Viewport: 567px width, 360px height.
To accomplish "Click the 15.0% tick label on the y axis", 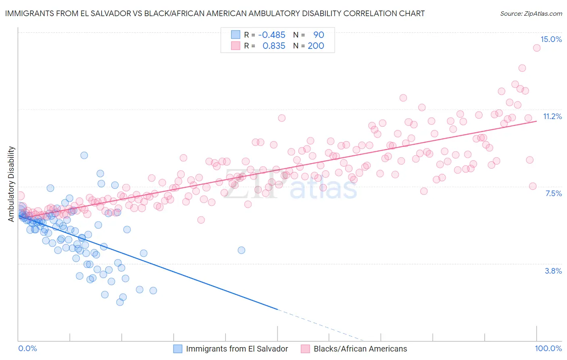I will click(x=551, y=39).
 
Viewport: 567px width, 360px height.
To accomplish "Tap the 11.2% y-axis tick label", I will click(x=552, y=116).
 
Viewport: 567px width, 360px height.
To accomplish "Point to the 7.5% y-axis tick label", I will click(x=553, y=193).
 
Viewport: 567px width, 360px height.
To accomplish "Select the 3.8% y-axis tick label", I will click(x=553, y=271).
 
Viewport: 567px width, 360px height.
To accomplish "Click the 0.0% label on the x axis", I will click(x=27, y=348).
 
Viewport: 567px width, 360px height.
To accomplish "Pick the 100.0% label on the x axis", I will click(x=548, y=348).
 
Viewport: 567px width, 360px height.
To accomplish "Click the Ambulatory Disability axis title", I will click(x=11, y=184).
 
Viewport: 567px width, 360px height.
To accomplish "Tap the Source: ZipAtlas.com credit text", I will click(x=531, y=13).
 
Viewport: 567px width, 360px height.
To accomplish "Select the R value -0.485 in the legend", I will click(x=271, y=35).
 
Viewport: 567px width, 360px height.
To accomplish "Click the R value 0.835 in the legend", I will click(x=274, y=46).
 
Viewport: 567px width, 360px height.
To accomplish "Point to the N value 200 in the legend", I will click(x=316, y=46).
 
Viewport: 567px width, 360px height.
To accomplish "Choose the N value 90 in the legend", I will click(x=319, y=35).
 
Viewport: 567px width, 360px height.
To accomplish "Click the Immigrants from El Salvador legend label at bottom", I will click(x=237, y=349).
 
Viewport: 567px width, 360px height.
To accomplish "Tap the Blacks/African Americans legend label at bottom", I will click(x=360, y=349).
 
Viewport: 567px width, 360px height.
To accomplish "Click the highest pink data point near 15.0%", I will click(x=537, y=48).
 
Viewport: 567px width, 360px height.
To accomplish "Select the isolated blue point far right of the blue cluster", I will click(x=241, y=250).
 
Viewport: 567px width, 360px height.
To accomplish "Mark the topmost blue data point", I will click(x=84, y=155).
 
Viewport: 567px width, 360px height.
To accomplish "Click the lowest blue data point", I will click(x=120, y=302).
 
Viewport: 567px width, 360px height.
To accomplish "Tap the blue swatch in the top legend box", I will click(x=236, y=35).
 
